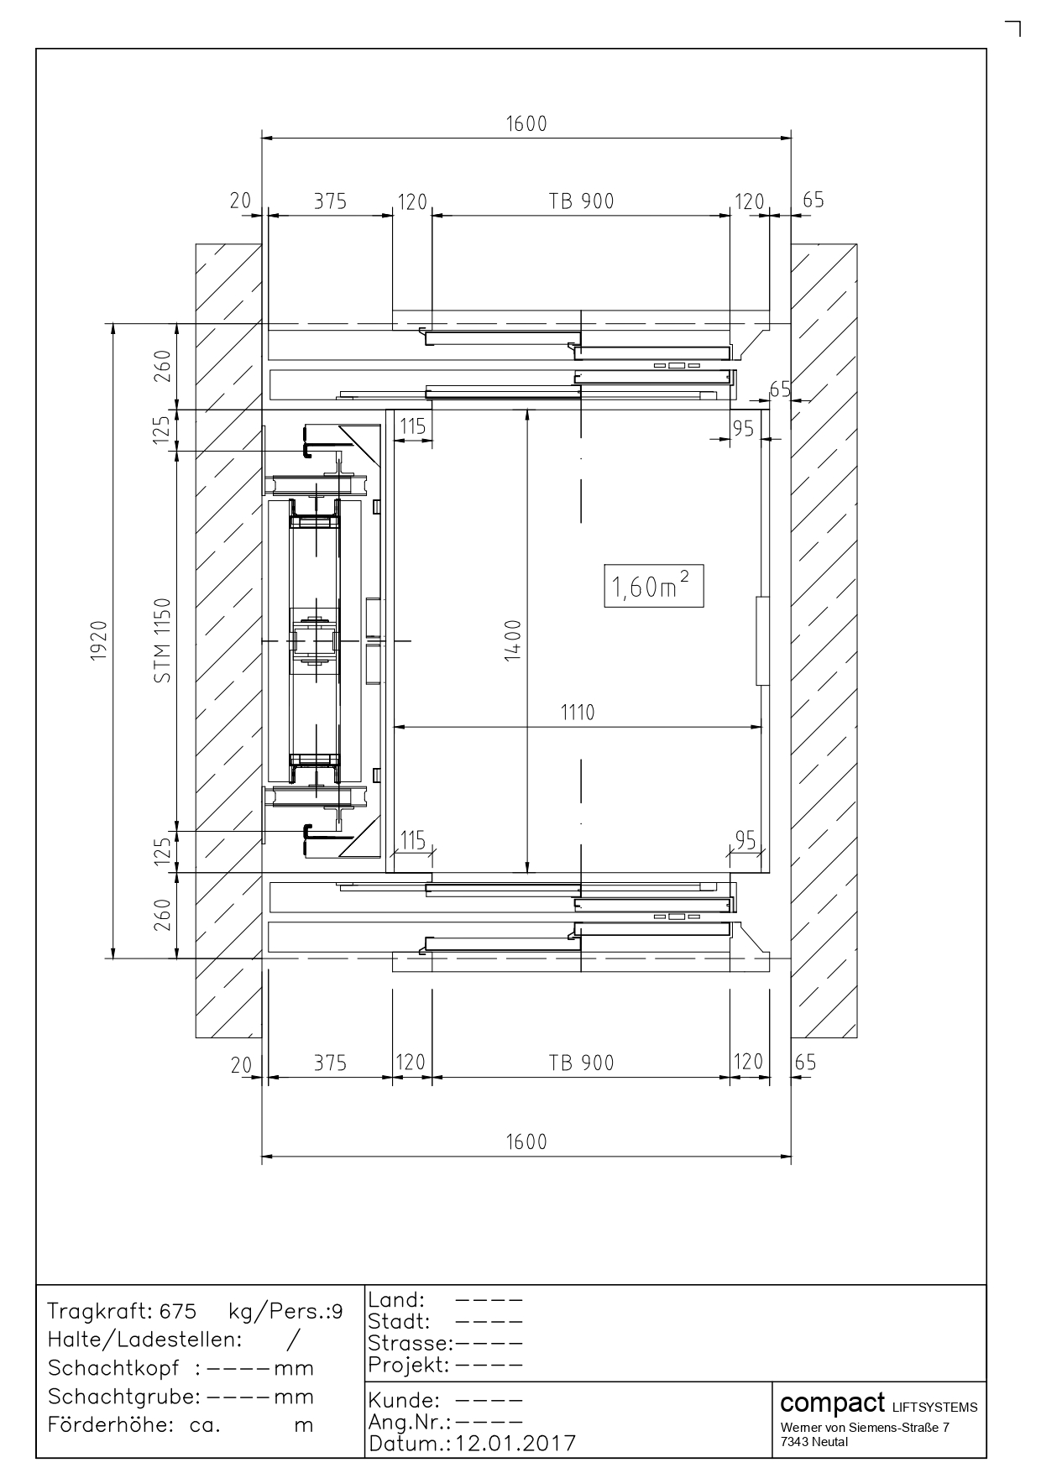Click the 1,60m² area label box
tap(653, 587)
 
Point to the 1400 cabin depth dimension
tap(513, 640)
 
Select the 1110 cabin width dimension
tap(578, 713)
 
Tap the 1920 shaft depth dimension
tap(98, 641)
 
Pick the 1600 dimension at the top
tap(526, 124)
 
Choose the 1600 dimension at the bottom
tap(526, 1142)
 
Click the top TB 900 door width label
tap(582, 201)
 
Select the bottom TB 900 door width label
tap(582, 1063)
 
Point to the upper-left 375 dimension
tap(330, 201)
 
